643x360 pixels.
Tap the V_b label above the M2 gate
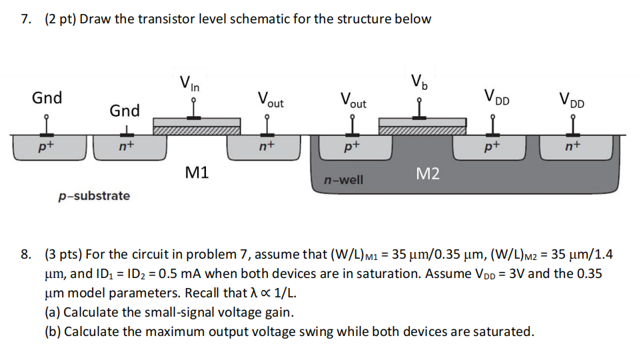coord(419,83)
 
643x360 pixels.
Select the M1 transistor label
coord(197,173)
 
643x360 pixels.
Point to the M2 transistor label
coord(427,174)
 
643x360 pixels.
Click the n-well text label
coord(343,180)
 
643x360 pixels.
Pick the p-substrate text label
coord(94,196)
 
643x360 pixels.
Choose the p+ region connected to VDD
coord(492,147)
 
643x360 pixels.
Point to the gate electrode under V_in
coord(197,122)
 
